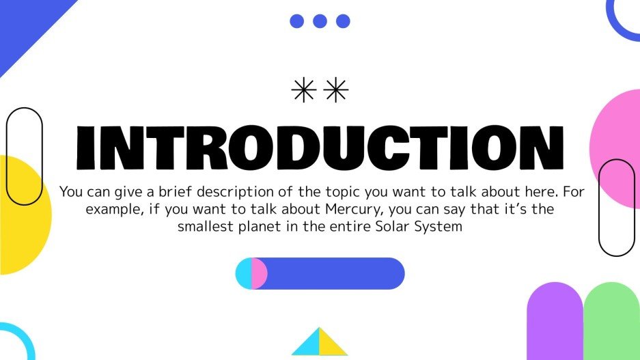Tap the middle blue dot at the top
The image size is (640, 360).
320,21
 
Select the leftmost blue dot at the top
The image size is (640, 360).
296,21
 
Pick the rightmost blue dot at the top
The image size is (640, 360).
343,21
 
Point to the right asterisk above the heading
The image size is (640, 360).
336,90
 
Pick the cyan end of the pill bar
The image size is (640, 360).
243,273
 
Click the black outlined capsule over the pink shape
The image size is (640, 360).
616,208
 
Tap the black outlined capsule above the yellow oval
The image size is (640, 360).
24,156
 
